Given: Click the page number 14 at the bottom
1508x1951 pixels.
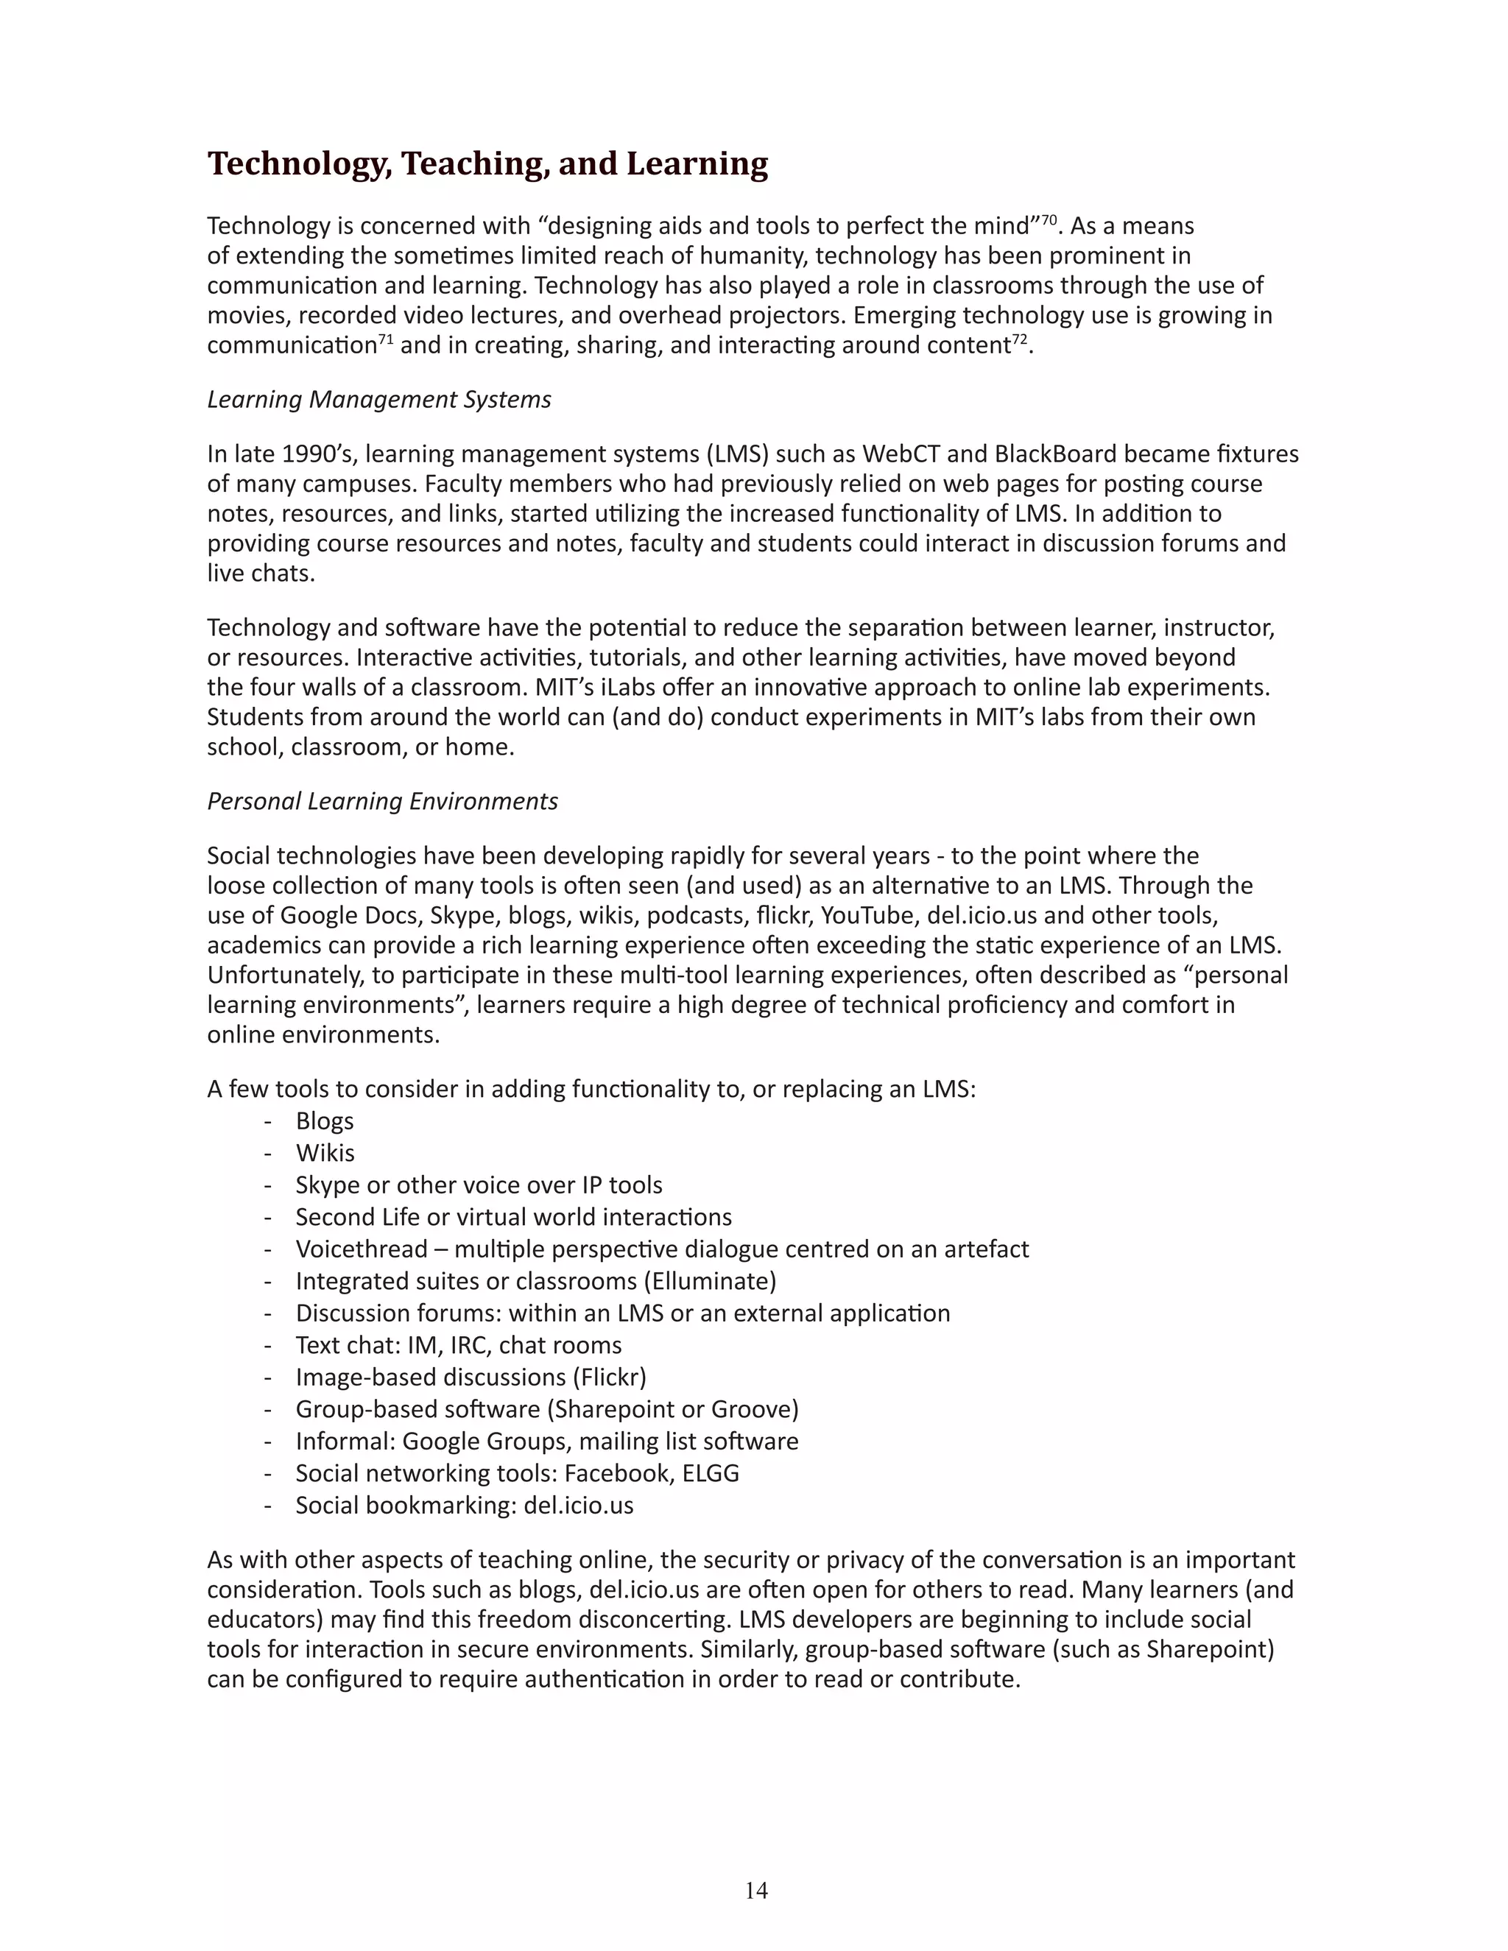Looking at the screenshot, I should [755, 1889].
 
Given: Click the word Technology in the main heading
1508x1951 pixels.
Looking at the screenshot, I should [299, 164].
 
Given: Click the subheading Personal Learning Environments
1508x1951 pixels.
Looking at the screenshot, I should [382, 801].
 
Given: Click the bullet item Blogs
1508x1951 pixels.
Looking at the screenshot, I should [324, 1121].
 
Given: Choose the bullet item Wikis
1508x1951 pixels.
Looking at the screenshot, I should [325, 1153].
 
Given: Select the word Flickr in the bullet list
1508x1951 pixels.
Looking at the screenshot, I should [613, 1377].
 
